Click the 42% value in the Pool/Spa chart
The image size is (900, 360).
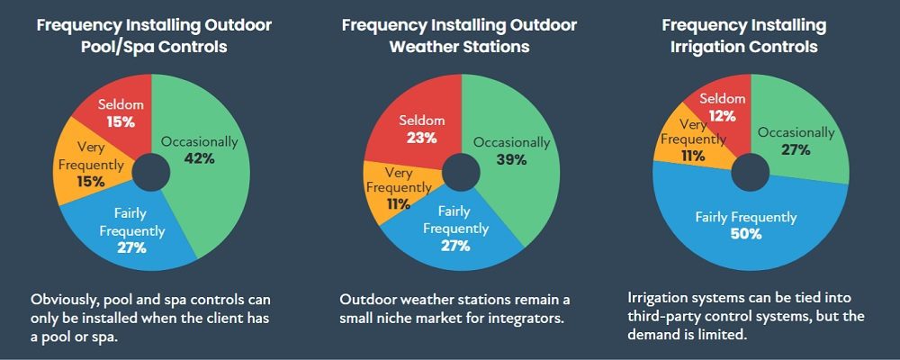coord(200,159)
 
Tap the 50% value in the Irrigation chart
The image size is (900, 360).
coord(745,234)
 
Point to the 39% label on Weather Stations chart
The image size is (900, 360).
coord(511,159)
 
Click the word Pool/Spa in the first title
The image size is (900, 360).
coord(112,46)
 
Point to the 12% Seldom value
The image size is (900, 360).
coord(722,115)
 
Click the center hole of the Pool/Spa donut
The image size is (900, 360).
coord(151,172)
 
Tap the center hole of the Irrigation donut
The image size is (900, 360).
coord(751,172)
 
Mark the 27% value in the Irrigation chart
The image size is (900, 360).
coord(796,150)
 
